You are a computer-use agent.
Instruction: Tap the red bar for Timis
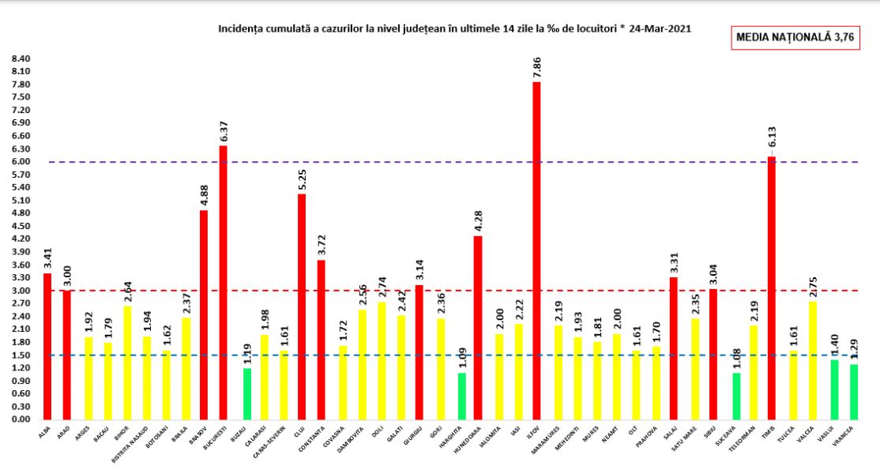pos(771,288)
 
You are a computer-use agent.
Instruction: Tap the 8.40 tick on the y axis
pos(21,59)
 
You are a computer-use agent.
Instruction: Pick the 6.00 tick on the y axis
pos(21,162)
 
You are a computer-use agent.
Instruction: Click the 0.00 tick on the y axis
pos(21,419)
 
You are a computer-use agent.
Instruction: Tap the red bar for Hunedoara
pos(478,327)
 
